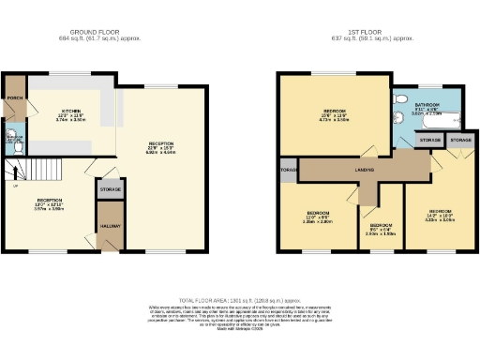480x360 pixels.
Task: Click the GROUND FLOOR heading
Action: coord(106,32)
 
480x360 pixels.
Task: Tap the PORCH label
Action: coord(14,96)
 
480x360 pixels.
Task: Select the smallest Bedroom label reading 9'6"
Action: coord(381,228)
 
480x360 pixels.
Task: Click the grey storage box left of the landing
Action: coord(287,171)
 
